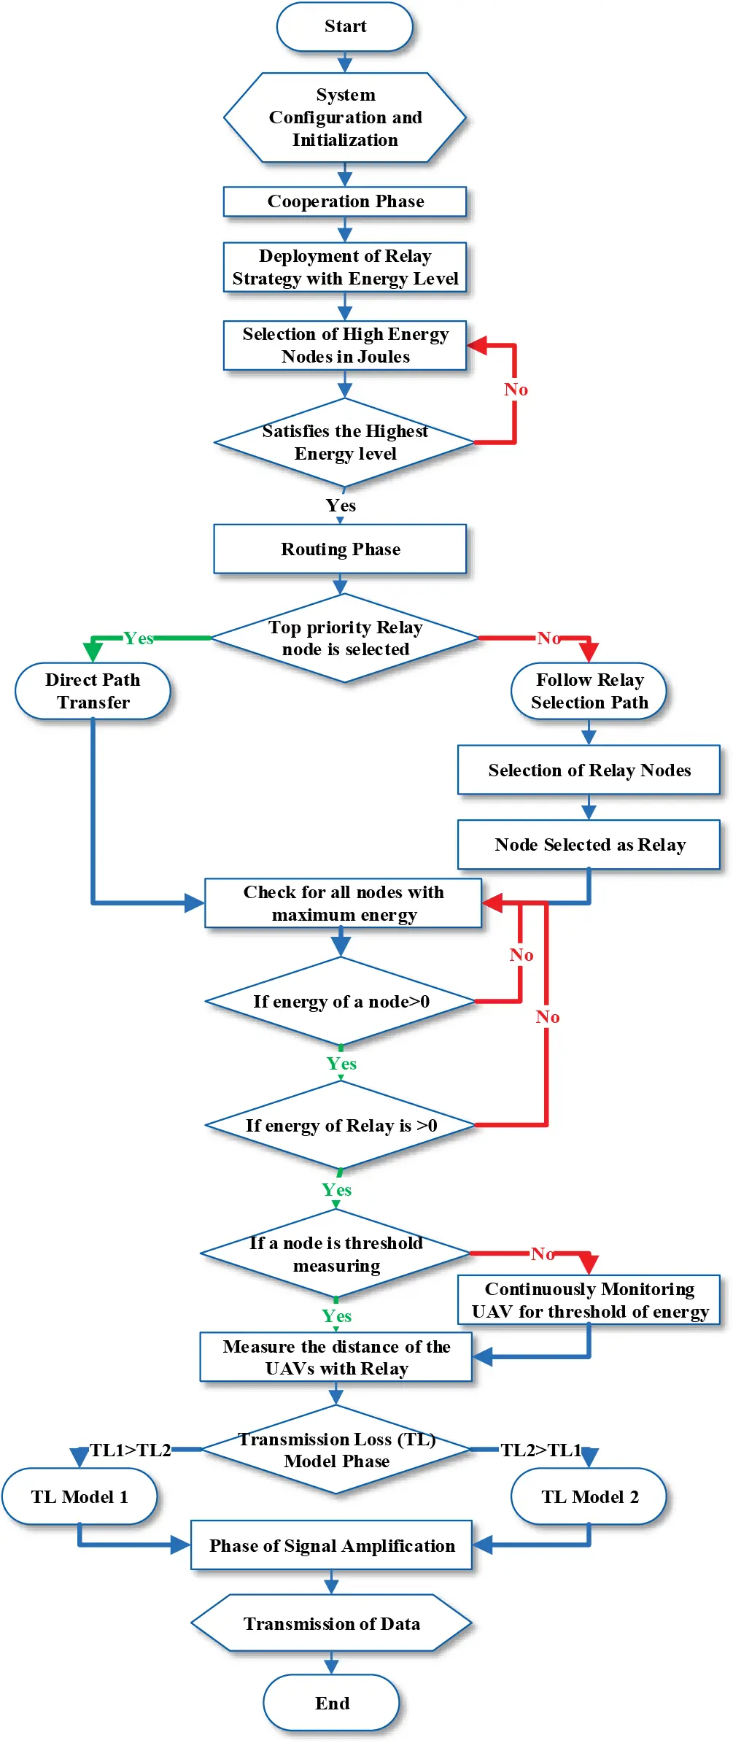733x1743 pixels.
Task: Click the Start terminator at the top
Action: tap(344, 26)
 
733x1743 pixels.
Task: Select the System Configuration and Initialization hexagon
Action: tap(344, 117)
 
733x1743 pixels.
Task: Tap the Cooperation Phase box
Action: tap(344, 201)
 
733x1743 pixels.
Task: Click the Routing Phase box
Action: tap(340, 549)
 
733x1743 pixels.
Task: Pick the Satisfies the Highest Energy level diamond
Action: tap(344, 442)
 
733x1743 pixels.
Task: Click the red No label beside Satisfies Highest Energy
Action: tap(516, 390)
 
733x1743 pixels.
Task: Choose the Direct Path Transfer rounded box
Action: tap(93, 691)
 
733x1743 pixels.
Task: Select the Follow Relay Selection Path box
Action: tap(589, 691)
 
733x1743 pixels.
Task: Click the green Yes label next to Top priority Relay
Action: tap(138, 638)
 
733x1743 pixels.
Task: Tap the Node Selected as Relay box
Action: tap(589, 844)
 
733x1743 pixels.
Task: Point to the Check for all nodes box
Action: tap(343, 903)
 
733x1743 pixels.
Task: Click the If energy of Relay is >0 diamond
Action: tap(341, 1125)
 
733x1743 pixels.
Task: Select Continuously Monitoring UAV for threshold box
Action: tap(589, 1300)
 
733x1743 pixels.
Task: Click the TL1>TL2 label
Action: tap(130, 1450)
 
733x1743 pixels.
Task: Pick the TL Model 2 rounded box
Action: tap(589, 1496)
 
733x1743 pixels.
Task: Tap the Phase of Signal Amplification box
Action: tap(331, 1545)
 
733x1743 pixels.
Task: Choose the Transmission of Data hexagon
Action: tap(331, 1623)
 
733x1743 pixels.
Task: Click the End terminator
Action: tap(331, 1703)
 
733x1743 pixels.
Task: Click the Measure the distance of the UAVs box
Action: tap(336, 1357)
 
